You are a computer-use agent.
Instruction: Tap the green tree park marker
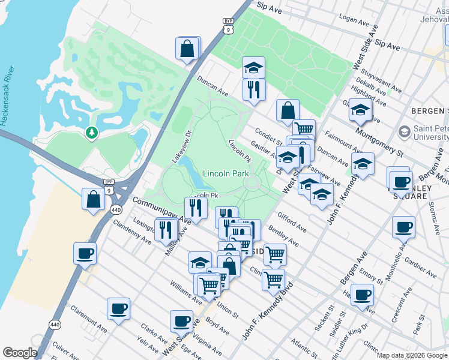[x=91, y=132]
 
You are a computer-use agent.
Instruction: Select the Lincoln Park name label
[x=226, y=173]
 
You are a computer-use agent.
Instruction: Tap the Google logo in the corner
[x=20, y=353]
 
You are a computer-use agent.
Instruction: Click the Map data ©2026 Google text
[x=412, y=355]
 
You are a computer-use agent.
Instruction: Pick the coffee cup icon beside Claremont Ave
[x=118, y=309]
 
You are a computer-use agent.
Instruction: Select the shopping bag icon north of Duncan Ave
[x=188, y=48]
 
